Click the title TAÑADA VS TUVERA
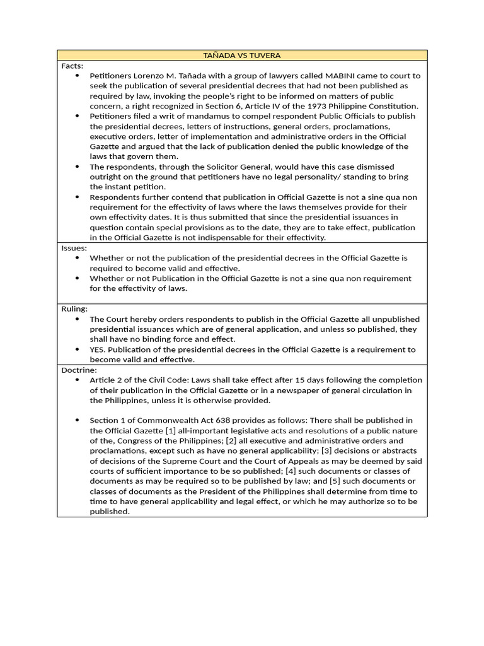[x=242, y=56]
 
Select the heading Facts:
[x=72, y=66]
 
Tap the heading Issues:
[x=74, y=248]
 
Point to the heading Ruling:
[x=74, y=309]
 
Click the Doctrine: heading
[x=79, y=370]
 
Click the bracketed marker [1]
[x=170, y=430]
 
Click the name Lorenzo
[x=153, y=76]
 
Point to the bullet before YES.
[x=77, y=349]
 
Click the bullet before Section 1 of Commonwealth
[x=77, y=420]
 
